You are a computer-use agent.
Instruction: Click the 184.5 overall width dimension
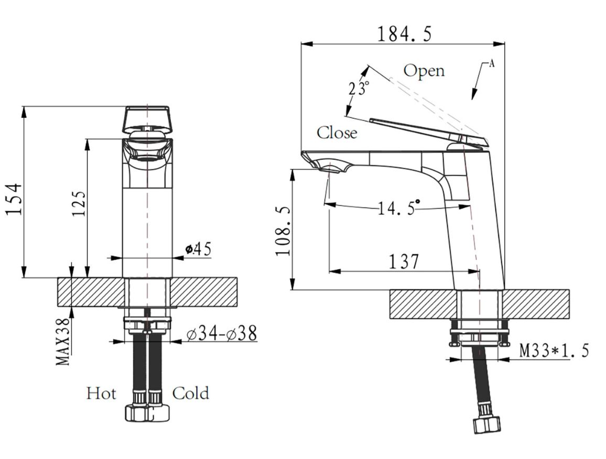point(404,34)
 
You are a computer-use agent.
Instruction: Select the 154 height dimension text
point(14,199)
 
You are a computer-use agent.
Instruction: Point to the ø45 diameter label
point(198,249)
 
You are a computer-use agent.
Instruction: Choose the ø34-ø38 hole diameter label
point(221,333)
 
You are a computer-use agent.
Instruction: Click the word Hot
point(101,394)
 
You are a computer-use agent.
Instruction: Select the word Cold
point(190,394)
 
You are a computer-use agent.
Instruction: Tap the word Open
point(424,71)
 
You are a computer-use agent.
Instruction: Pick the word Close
point(337,133)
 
